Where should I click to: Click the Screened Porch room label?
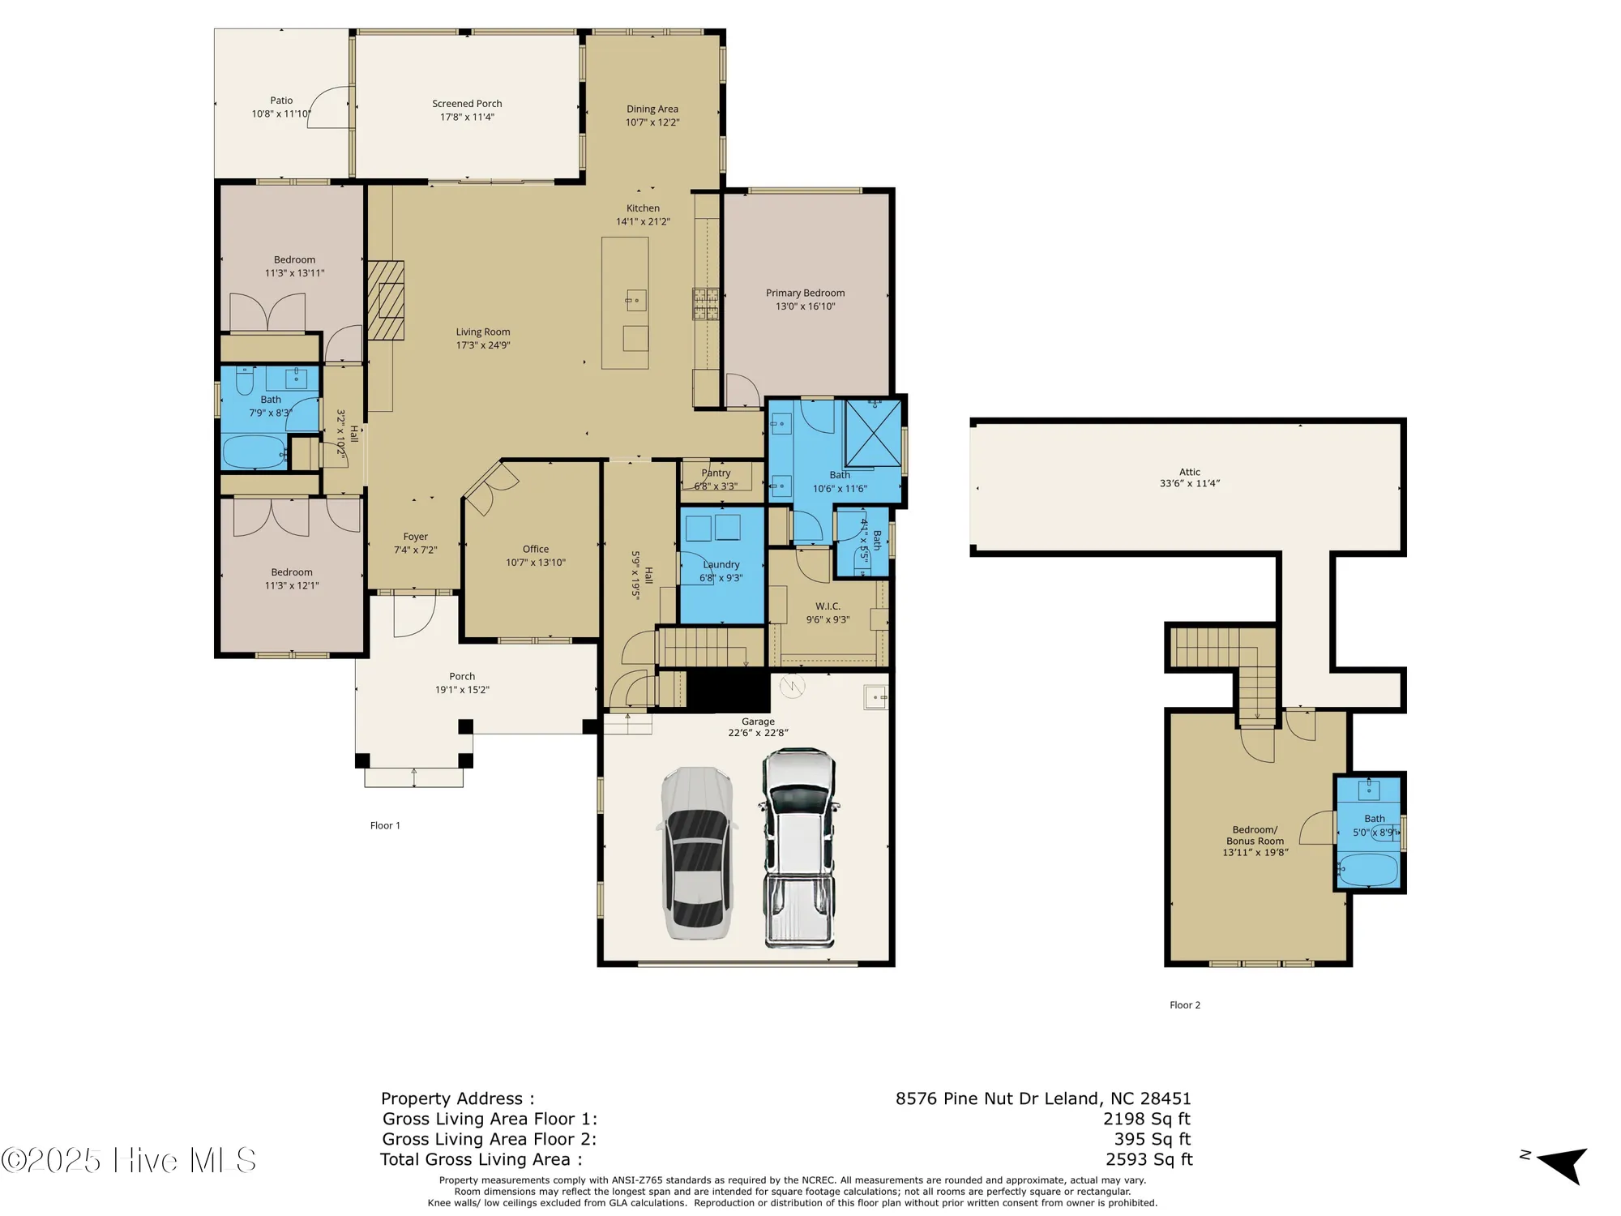click(x=467, y=104)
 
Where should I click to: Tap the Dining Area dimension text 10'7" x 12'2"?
click(x=652, y=122)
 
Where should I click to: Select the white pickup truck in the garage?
click(x=798, y=847)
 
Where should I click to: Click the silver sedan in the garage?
click(x=698, y=853)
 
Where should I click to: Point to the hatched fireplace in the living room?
click(x=386, y=300)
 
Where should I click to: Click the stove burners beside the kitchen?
click(x=705, y=305)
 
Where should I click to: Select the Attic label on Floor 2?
click(x=1189, y=472)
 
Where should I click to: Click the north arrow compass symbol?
click(x=1560, y=1164)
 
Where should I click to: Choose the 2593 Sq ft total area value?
click(x=1148, y=1159)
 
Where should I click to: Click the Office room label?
click(x=535, y=549)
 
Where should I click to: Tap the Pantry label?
click(x=716, y=473)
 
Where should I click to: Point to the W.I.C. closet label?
click(x=828, y=606)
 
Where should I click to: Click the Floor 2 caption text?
click(x=1184, y=1004)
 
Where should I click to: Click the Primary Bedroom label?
click(x=805, y=293)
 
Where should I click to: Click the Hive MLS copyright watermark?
click(x=130, y=1160)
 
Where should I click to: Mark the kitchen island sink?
click(x=635, y=301)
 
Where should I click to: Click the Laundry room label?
click(x=721, y=564)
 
